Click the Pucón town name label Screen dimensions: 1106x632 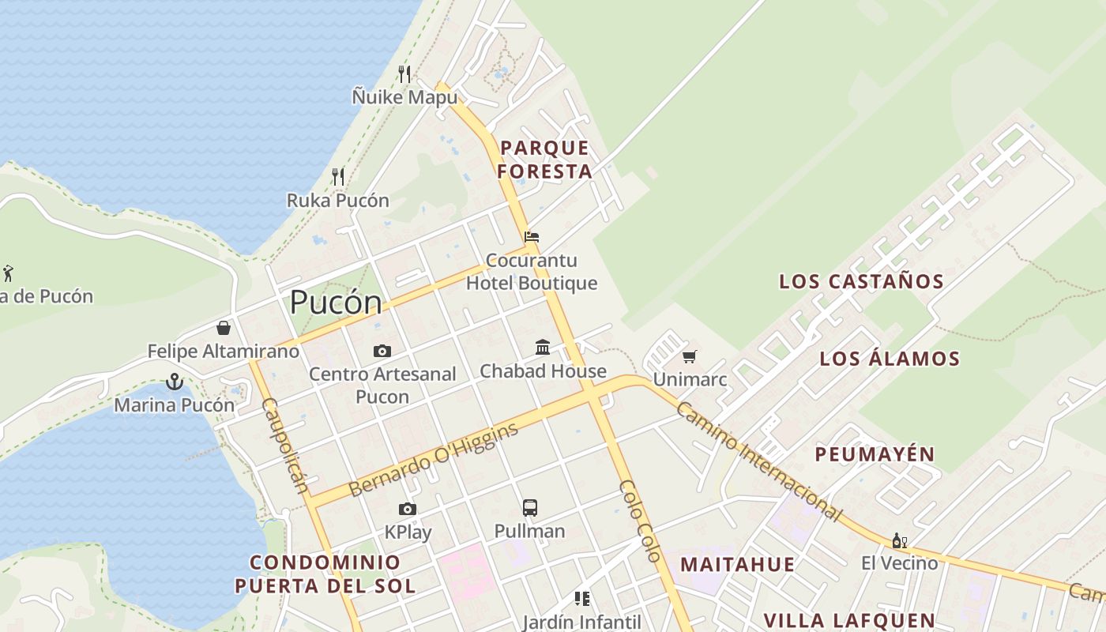[336, 303]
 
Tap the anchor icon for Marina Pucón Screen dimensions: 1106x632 [174, 382]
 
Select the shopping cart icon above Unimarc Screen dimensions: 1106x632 [690, 357]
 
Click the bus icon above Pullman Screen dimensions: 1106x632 [530, 508]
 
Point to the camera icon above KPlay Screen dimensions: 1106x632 [408, 510]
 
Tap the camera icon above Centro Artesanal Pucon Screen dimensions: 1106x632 [382, 351]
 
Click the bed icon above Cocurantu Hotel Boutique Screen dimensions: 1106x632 [532, 237]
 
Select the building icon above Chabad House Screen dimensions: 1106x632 [543, 347]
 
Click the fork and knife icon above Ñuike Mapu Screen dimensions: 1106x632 [404, 74]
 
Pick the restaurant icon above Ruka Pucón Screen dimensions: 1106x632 [338, 177]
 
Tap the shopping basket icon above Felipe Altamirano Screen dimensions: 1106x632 [224, 328]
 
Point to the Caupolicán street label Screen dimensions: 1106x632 [284, 446]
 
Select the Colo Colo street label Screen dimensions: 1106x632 [640, 521]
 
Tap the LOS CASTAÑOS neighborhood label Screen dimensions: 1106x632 [861, 281]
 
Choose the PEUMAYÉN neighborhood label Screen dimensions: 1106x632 [875, 454]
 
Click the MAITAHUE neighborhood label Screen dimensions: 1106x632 [737, 564]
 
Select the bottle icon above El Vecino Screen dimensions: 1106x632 [898, 541]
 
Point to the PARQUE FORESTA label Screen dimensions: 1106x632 [545, 160]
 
